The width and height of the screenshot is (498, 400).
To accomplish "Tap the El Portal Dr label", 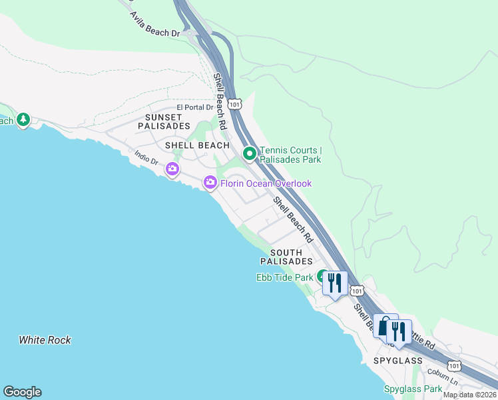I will tap(195, 107).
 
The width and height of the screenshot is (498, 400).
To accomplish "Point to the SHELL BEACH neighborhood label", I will tap(198, 145).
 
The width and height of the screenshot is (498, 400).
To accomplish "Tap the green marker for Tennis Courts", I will tap(250, 154).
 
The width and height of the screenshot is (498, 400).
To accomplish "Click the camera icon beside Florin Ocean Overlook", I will tap(210, 182).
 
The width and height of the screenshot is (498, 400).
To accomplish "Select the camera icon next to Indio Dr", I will tap(172, 169).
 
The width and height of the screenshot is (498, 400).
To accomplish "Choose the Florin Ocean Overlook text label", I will tap(266, 183).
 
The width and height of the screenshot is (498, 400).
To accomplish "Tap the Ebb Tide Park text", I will tap(284, 277).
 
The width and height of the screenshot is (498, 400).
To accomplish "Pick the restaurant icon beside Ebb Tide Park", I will tap(334, 283).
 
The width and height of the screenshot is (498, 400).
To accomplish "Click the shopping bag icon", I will tap(385, 326).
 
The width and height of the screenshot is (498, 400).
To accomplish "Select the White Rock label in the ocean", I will tap(45, 340).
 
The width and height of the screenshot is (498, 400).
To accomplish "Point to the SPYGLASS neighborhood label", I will tap(398, 361).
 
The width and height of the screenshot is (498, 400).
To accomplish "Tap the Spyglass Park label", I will tap(413, 389).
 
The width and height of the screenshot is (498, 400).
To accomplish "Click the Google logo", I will tap(22, 392).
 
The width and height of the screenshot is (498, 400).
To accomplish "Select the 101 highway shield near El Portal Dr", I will tap(234, 105).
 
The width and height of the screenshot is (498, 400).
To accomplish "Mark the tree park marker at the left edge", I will tap(24, 119).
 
